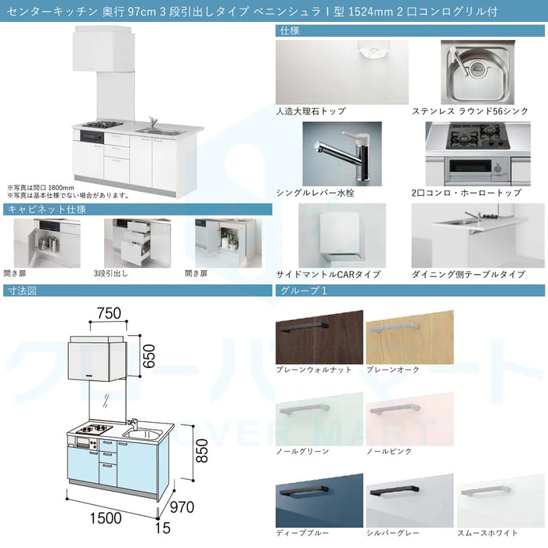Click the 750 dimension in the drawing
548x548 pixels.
(x=109, y=313)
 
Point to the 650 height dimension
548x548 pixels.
(x=149, y=356)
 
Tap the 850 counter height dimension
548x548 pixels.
(x=202, y=451)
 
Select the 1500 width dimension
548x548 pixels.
(x=106, y=518)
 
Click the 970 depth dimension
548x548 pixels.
(x=182, y=507)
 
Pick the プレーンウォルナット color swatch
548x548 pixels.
(x=319, y=337)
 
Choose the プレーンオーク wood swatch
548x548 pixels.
(x=410, y=337)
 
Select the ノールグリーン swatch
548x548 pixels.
(x=319, y=419)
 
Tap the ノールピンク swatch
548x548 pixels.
(x=410, y=419)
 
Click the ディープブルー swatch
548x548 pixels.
(x=319, y=501)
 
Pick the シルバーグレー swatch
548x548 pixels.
(x=410, y=501)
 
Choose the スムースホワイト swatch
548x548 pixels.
(x=501, y=501)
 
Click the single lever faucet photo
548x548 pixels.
(x=342, y=153)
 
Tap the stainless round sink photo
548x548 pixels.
(x=478, y=72)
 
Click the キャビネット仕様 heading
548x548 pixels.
(x=47, y=209)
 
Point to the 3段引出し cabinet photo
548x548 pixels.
(x=137, y=243)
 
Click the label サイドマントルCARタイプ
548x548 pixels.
(x=328, y=274)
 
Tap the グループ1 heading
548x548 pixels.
(x=304, y=290)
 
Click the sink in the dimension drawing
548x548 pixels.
(x=142, y=434)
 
